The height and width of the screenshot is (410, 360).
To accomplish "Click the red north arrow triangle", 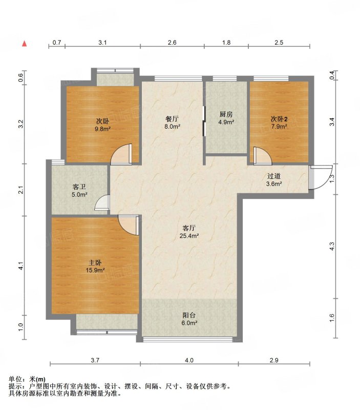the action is [x=24, y=44].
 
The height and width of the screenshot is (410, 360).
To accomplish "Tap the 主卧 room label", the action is [x=95, y=262].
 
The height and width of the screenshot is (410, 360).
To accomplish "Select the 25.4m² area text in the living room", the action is [x=189, y=236].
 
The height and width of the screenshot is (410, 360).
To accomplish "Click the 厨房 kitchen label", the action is [x=226, y=114].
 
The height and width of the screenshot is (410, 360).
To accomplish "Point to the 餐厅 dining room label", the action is [x=172, y=119].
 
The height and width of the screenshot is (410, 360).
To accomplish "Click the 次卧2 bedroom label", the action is [x=279, y=119].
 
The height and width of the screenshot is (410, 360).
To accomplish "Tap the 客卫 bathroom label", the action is [x=79, y=187].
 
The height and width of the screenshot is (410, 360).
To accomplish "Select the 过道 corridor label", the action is [x=274, y=176].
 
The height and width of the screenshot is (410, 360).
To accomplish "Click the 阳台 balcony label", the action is [x=189, y=315].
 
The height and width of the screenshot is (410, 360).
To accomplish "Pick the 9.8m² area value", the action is [x=102, y=129].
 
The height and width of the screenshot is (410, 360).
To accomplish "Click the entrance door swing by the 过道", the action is [x=320, y=177].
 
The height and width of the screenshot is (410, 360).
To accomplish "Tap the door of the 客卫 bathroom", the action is [x=102, y=202].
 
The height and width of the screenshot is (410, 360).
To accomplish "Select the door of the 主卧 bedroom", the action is [x=128, y=225].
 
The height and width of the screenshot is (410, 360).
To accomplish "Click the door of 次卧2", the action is [x=263, y=156].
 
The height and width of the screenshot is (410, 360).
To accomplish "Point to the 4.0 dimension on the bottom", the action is [x=189, y=360].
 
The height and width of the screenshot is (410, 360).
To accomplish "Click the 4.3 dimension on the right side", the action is [x=332, y=247].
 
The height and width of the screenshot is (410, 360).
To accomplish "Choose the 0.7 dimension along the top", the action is [x=57, y=43].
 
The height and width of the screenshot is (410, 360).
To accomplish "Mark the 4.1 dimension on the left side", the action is [x=21, y=266].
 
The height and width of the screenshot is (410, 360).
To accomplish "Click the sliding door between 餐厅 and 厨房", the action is [x=204, y=121].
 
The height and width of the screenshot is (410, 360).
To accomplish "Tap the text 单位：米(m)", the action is [x=27, y=379].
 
